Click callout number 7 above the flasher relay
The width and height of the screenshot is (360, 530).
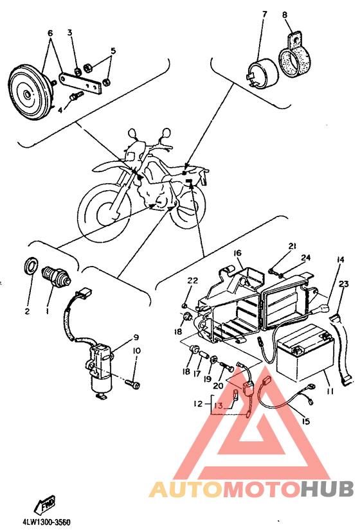(265, 14)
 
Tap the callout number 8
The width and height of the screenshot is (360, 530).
(284, 15)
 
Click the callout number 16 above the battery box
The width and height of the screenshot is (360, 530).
(237, 253)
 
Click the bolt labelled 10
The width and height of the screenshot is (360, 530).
(132, 384)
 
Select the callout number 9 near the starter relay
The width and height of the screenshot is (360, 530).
(136, 337)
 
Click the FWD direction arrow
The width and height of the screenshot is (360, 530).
(44, 504)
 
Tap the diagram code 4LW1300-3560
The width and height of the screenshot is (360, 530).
(47, 522)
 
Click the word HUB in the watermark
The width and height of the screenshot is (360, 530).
(327, 488)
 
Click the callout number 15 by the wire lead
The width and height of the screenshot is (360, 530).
(305, 421)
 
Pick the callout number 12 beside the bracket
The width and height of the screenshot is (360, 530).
(199, 403)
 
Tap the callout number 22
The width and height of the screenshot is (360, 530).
(193, 280)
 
